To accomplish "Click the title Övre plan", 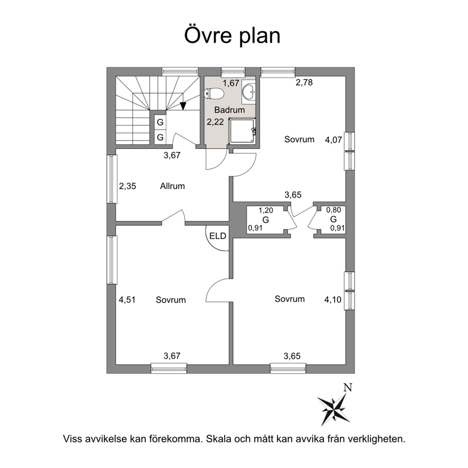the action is coord(232,36).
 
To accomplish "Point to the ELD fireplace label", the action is coord(217,236).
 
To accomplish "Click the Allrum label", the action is coord(172,186).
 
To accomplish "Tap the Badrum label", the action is coord(230,110).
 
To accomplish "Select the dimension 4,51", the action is coord(127,300).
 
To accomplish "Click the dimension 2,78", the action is coord(304,83).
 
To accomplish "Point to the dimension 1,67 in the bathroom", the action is coord(231,83).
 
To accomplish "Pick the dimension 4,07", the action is coord(333,140).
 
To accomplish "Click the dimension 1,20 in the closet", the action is coord(266,210).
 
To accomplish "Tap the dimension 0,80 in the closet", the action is coord(334,210).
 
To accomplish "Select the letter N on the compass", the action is coord(348,387).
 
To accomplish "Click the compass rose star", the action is coord(333,409).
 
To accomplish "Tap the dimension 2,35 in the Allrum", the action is coord(127,186).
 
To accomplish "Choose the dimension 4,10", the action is coord(333,300).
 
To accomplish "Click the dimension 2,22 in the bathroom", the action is coord(216,122).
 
